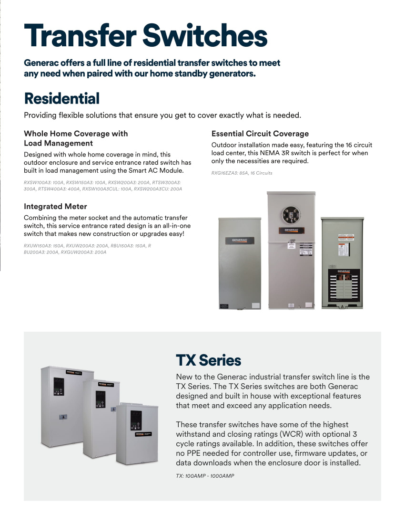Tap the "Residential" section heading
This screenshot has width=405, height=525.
point(62,99)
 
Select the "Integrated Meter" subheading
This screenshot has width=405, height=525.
point(55,206)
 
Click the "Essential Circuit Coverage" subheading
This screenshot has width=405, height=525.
point(260,134)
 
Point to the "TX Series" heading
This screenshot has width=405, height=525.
point(208,360)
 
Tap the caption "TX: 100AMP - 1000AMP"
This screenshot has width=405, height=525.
point(205,476)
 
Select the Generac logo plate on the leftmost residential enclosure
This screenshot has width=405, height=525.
point(239,240)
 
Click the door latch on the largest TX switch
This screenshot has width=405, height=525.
point(62,417)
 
